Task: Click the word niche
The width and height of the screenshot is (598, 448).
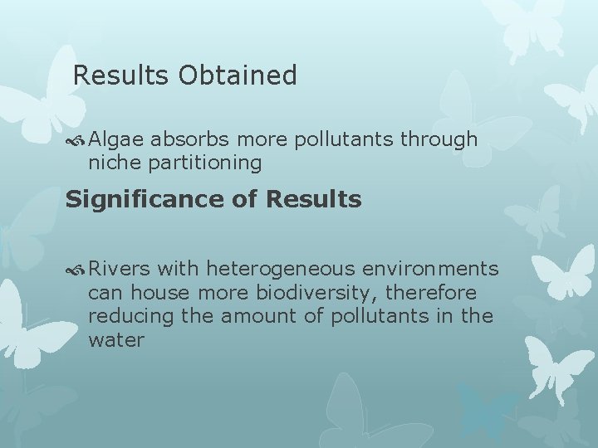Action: click(x=115, y=163)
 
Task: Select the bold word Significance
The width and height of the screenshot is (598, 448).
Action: click(x=149, y=200)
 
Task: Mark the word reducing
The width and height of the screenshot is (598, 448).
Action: click(x=125, y=317)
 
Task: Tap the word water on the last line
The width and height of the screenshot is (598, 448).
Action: click(x=115, y=340)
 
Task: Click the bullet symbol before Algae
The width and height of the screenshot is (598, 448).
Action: click(x=78, y=140)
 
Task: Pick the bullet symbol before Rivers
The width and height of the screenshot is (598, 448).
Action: click(x=78, y=270)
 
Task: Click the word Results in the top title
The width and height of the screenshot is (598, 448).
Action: click(x=121, y=76)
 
